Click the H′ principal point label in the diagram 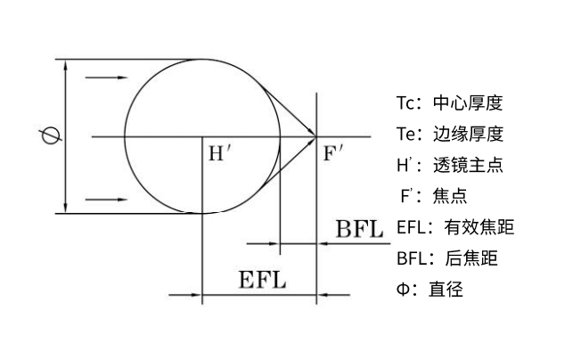tap(219, 152)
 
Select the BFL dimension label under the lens tap(359, 228)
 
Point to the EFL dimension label tap(262, 280)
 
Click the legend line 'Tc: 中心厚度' tap(449, 102)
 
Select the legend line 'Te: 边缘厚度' tap(450, 134)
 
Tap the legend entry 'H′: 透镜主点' tap(449, 165)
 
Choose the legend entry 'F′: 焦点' tap(433, 196)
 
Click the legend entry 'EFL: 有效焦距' tap(455, 227)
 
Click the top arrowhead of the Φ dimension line tap(67, 65)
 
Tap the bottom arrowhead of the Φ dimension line tap(67, 208)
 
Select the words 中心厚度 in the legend tap(467, 102)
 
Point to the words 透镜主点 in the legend tap(468, 165)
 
